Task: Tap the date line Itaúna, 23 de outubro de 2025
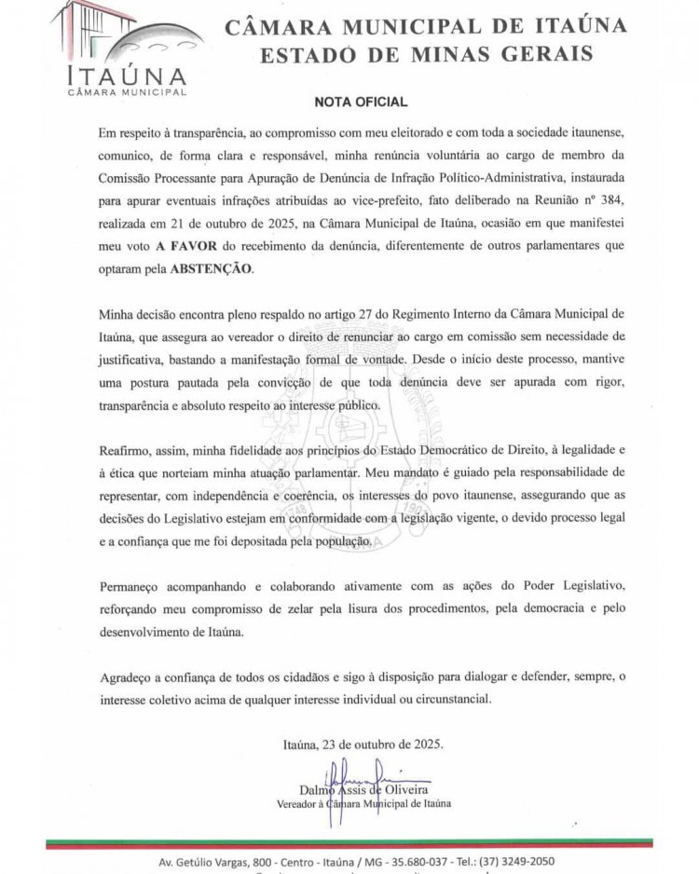coord(363,745)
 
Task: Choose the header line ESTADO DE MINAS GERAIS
coord(425,55)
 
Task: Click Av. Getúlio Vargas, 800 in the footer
coord(193,861)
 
